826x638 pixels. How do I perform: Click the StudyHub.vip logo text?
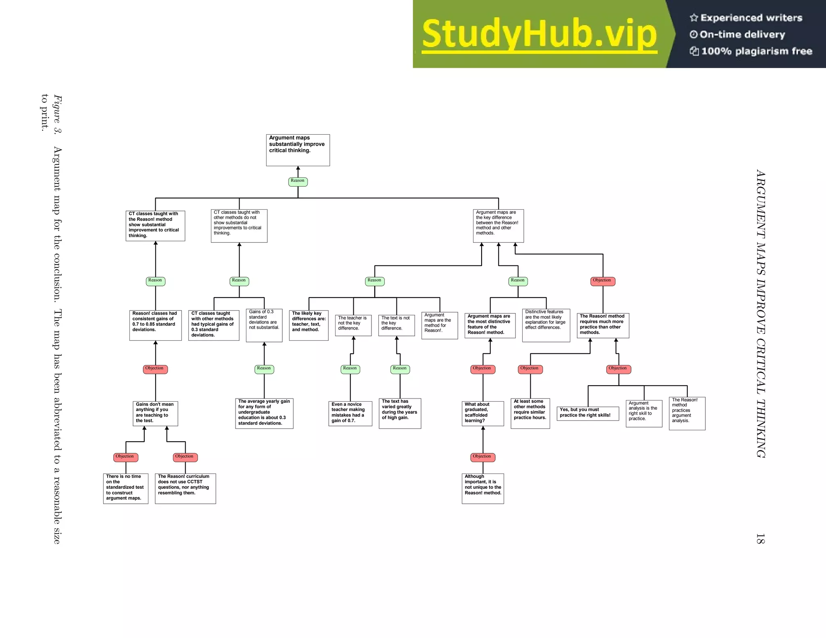[539, 35]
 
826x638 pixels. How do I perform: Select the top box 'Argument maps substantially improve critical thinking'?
[298, 150]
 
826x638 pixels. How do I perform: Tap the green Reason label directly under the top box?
[298, 181]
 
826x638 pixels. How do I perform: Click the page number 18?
[760, 539]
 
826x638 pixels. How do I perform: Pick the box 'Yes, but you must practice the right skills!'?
[588, 413]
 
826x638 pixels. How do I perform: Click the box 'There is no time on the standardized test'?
[125, 488]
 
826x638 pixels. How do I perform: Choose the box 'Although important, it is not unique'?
[483, 488]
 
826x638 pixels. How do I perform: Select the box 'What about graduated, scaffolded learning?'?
[483, 413]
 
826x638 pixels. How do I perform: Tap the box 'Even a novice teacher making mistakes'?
[350, 413]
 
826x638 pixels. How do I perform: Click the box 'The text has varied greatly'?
[400, 413]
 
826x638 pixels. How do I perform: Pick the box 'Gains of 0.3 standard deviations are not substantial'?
[264, 325]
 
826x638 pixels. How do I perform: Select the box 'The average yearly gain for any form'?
[264, 413]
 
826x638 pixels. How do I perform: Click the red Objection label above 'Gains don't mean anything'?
[155, 369]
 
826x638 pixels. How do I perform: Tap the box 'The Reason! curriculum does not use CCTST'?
[185, 488]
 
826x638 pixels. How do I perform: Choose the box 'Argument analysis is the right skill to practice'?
[644, 413]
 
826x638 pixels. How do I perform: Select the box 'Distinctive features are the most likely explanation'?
[546, 325]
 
